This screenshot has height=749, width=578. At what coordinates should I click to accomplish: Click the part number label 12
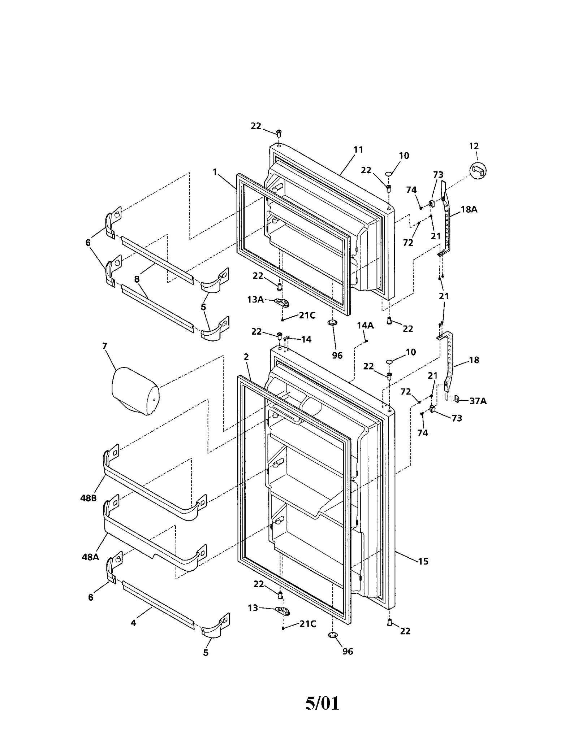[x=474, y=146]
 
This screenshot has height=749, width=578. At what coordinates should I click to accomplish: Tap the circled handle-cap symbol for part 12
[x=478, y=170]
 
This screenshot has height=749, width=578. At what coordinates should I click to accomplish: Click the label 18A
[x=469, y=209]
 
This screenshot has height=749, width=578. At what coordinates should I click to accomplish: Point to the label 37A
[x=478, y=401]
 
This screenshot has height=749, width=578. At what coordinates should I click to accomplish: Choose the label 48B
[x=89, y=498]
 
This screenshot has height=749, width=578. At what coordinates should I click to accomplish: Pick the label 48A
[x=90, y=557]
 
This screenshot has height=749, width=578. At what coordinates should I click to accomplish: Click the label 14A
[x=365, y=325]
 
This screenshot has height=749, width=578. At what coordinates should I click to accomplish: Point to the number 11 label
[x=358, y=149]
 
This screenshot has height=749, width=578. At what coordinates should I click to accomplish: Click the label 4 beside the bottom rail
[x=133, y=623]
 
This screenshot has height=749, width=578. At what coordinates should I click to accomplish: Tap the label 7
[x=105, y=346]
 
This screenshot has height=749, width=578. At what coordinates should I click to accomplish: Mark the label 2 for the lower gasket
[x=246, y=357]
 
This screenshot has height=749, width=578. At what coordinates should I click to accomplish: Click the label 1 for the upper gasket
[x=215, y=172]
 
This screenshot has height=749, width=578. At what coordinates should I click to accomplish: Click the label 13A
[x=255, y=299]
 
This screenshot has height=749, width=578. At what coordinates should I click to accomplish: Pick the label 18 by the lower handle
[x=474, y=360]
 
